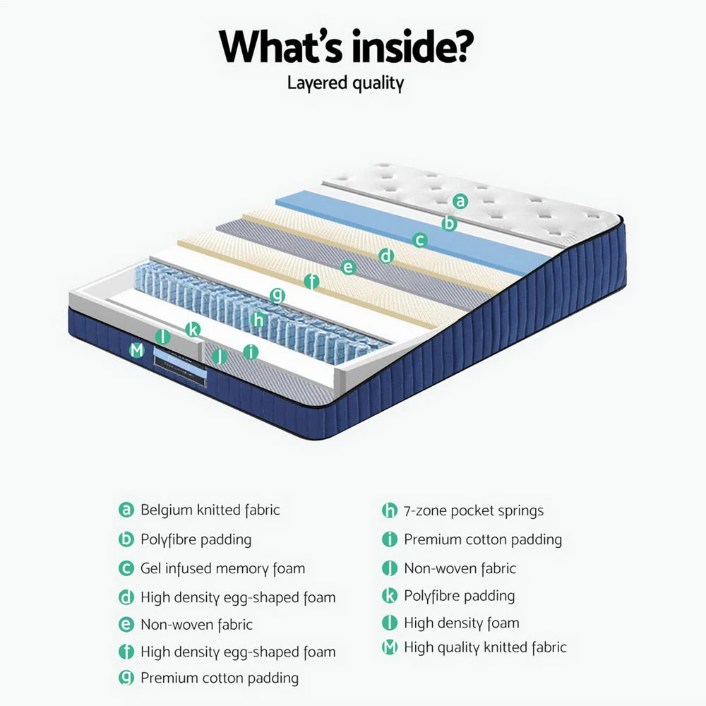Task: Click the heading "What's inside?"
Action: pyautogui.click(x=346, y=47)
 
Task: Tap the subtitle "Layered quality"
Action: pyautogui.click(x=346, y=83)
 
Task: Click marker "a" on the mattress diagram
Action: pyautogui.click(x=460, y=201)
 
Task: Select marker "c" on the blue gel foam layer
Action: pyautogui.click(x=420, y=240)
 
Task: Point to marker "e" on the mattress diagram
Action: pyautogui.click(x=347, y=268)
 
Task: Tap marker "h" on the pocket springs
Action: pyautogui.click(x=258, y=320)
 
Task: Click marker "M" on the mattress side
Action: pyautogui.click(x=137, y=349)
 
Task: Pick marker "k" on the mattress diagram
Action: pyautogui.click(x=193, y=329)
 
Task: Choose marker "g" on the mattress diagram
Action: pyautogui.click(x=277, y=296)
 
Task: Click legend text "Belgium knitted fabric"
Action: pyautogui.click(x=210, y=510)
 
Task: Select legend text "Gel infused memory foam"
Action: pyautogui.click(x=222, y=568)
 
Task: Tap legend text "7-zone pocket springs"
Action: pyautogui.click(x=474, y=510)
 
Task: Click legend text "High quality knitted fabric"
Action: pyautogui.click(x=485, y=647)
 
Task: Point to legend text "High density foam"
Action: pyautogui.click(x=461, y=623)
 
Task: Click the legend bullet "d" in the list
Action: pyautogui.click(x=126, y=598)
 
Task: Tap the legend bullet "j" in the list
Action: pyautogui.click(x=390, y=568)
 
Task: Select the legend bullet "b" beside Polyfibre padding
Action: pyautogui.click(x=126, y=540)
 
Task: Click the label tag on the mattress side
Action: pyautogui.click(x=181, y=363)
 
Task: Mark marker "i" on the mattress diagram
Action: pyautogui.click(x=250, y=352)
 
